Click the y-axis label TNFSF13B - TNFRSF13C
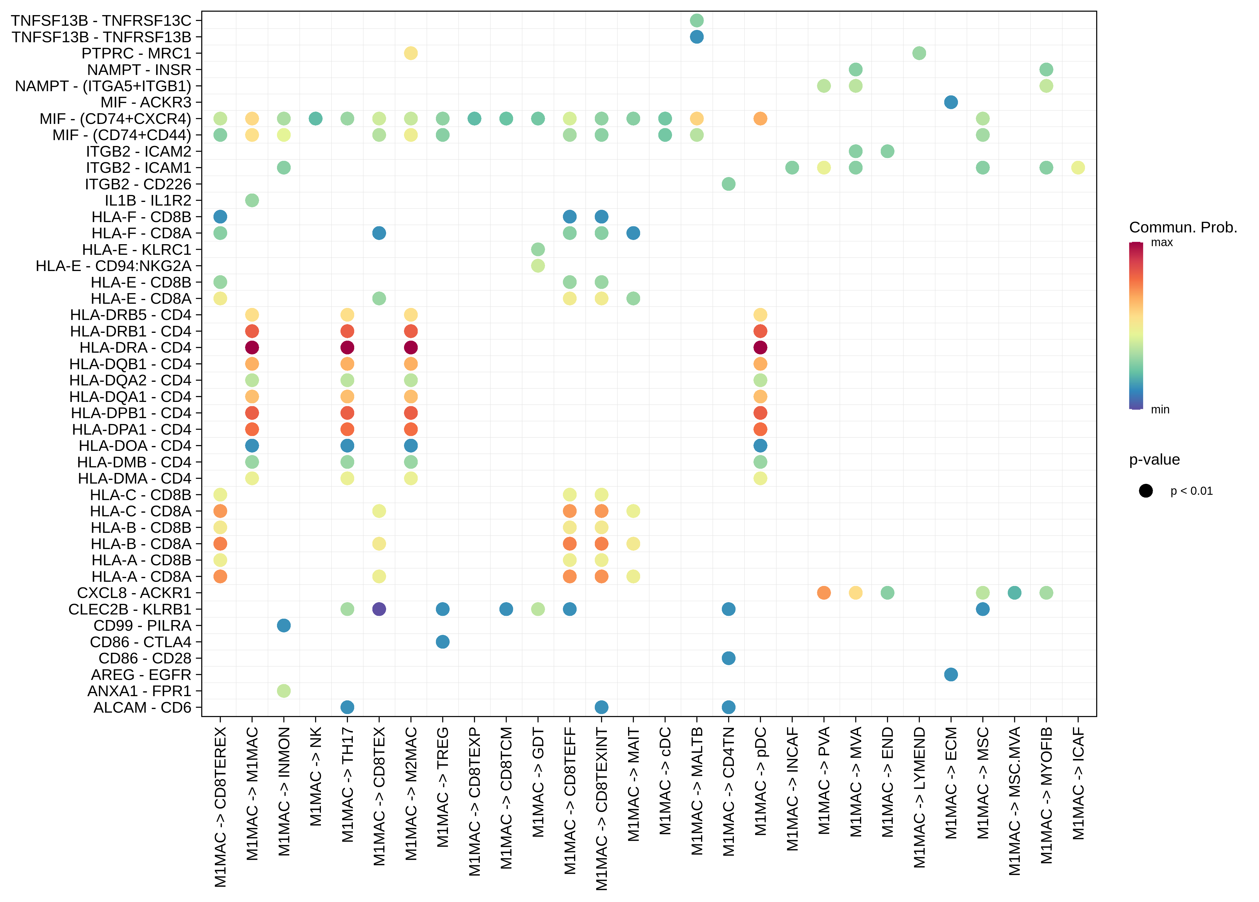point(101,20)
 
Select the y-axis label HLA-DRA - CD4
point(135,347)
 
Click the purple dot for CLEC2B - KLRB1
point(379,609)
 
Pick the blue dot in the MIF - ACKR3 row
point(951,102)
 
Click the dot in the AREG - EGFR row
point(951,674)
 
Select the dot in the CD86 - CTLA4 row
point(442,642)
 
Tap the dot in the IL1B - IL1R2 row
point(252,200)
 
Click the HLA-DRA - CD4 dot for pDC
point(760,347)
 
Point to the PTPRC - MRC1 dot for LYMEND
point(919,53)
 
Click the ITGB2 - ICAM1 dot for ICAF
point(1078,168)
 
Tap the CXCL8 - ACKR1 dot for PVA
point(824,593)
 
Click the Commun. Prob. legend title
point(1183,228)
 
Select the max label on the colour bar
point(1162,242)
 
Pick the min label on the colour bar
point(1160,410)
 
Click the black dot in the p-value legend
point(1146,491)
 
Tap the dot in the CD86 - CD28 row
point(729,658)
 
